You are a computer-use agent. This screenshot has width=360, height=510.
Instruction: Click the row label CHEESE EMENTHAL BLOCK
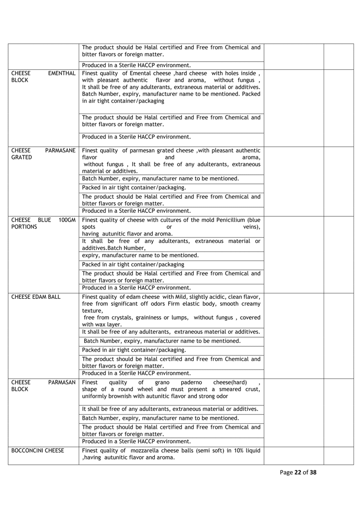[43, 77]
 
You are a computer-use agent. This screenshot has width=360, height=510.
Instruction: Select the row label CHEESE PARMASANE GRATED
[43, 153]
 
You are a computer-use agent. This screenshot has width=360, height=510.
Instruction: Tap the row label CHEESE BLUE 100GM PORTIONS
[43, 223]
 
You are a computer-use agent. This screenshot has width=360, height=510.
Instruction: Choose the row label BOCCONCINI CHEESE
[38, 451]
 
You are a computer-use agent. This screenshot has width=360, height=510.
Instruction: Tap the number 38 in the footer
[313, 473]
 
